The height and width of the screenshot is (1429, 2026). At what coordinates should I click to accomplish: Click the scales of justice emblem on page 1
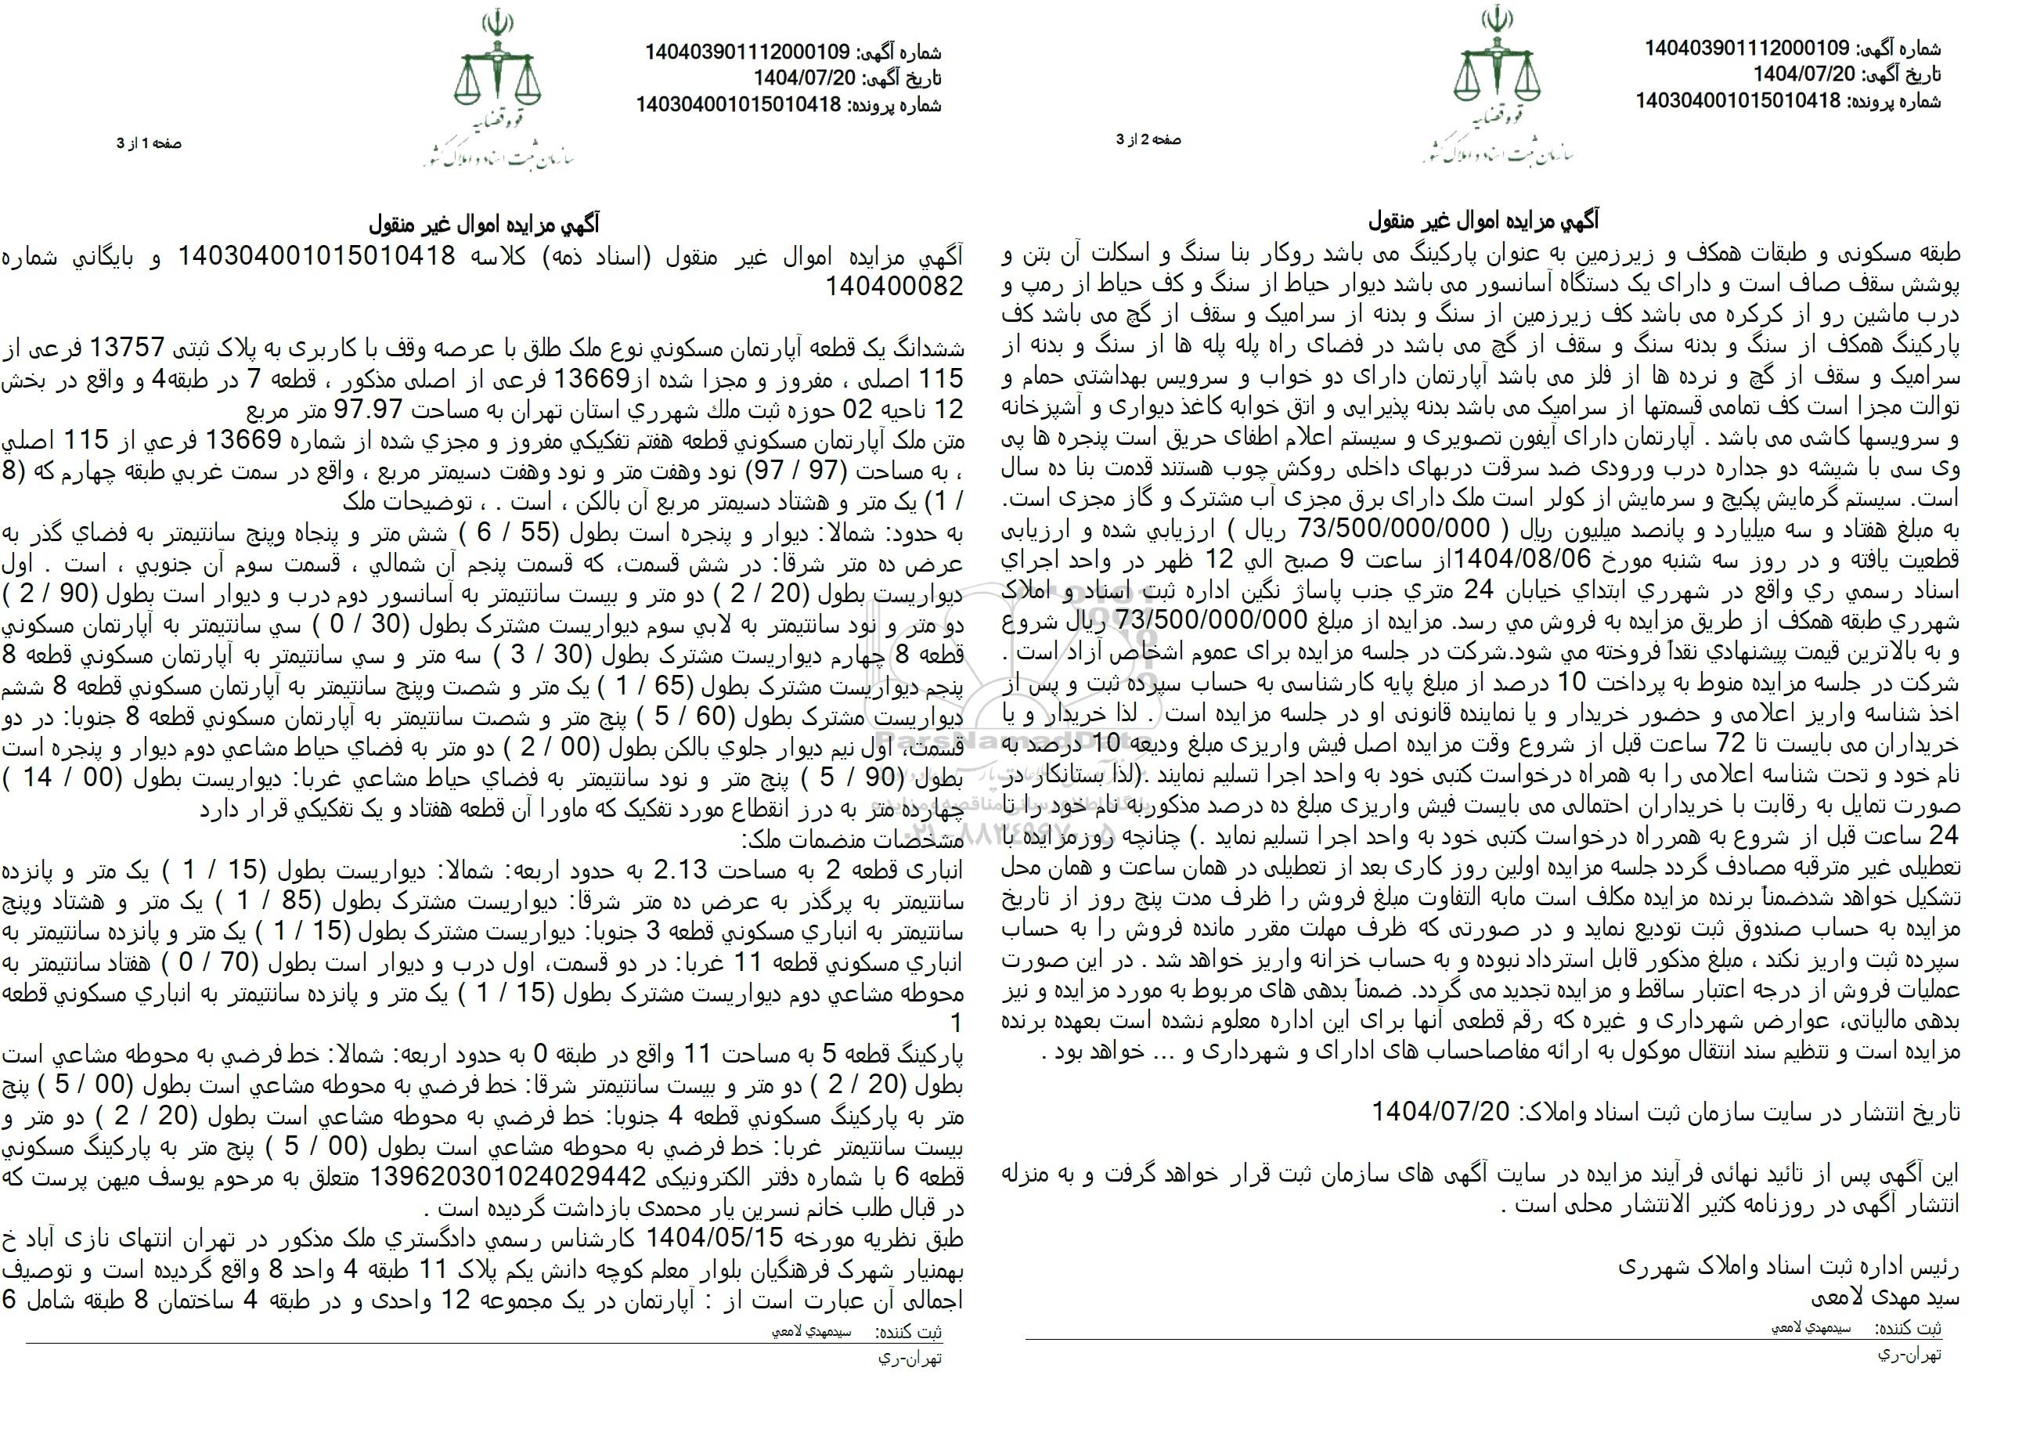[494, 79]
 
